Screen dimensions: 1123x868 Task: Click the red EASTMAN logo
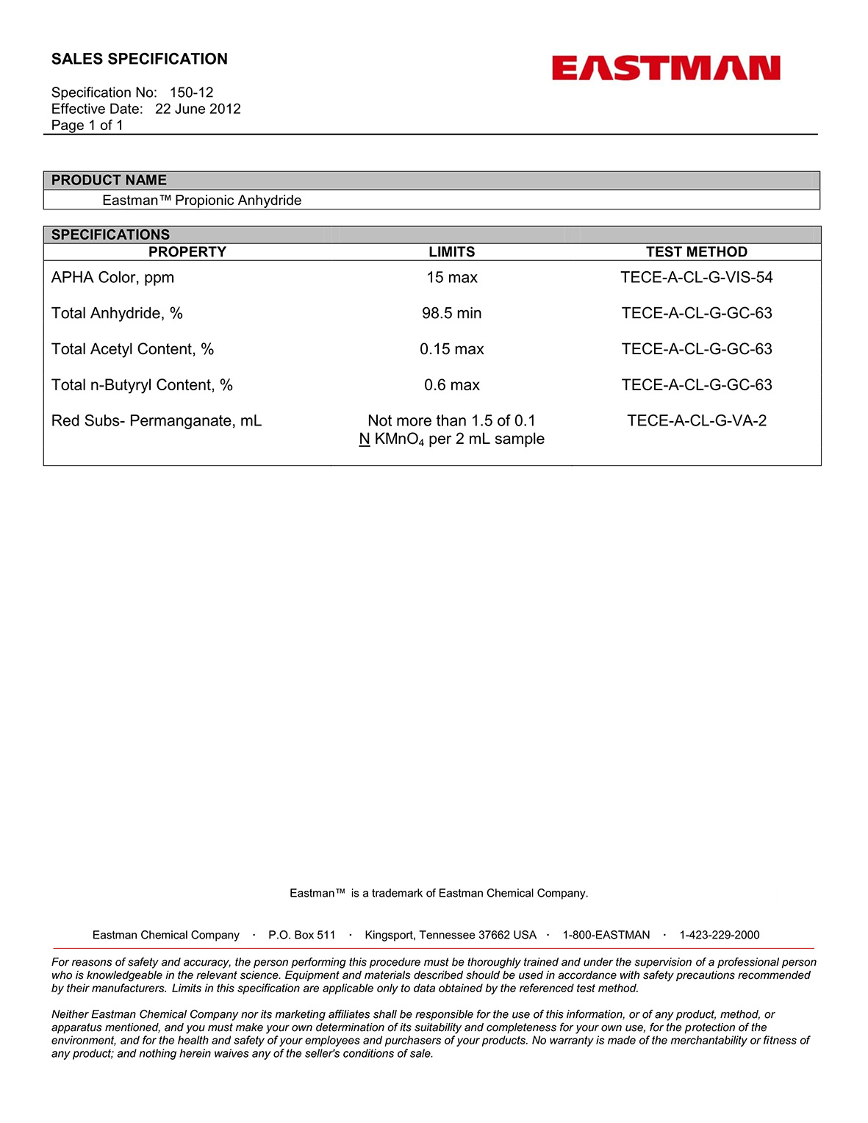[666, 68]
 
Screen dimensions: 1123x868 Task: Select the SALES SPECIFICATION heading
[140, 59]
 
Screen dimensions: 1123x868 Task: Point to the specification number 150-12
[191, 93]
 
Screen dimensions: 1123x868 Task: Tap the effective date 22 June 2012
[198, 109]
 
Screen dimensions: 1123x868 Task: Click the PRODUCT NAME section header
[109, 180]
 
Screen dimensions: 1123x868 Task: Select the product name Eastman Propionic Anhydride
[202, 201]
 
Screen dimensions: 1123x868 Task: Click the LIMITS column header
[451, 252]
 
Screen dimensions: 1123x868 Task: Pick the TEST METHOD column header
[696, 252]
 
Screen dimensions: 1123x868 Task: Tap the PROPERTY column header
[187, 252]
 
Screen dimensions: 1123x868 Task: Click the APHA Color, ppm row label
[112, 278]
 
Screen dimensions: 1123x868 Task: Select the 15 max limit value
[451, 278]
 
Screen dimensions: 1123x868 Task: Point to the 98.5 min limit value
[451, 314]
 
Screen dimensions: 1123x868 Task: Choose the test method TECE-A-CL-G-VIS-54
[696, 278]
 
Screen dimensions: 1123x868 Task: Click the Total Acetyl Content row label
[132, 349]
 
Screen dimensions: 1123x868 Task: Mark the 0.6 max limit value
[451, 385]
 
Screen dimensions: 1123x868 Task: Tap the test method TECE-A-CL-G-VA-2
[696, 421]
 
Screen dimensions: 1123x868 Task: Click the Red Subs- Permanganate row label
[156, 421]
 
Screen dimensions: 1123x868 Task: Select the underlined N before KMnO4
[364, 439]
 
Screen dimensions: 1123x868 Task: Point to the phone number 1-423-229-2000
[719, 935]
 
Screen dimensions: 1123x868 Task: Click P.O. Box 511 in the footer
[301, 935]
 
